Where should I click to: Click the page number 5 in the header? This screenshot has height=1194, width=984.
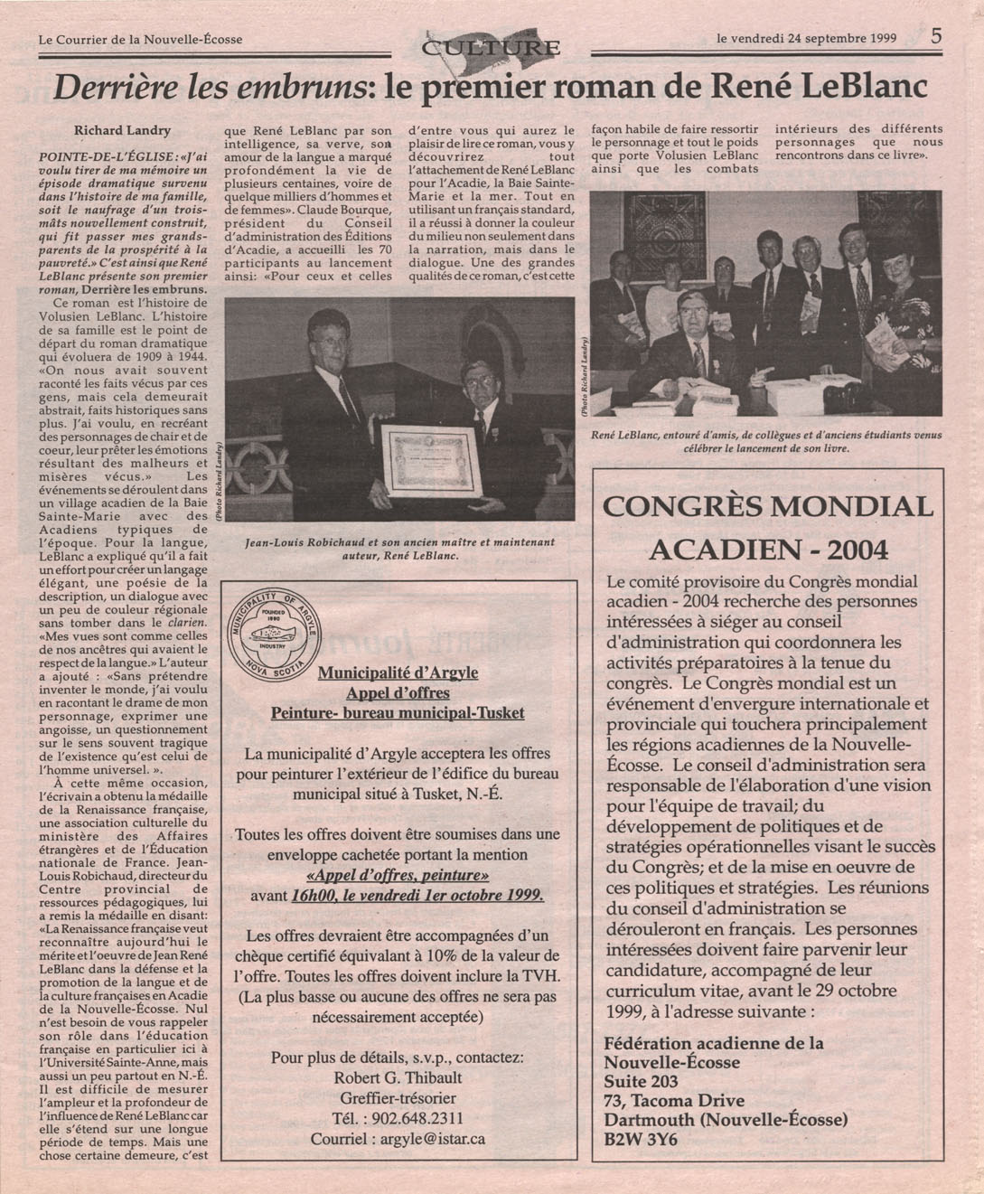click(936, 36)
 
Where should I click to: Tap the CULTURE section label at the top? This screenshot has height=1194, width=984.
click(493, 47)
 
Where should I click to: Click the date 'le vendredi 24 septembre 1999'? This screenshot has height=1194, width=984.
click(806, 39)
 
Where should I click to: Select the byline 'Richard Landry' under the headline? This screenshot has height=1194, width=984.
click(122, 130)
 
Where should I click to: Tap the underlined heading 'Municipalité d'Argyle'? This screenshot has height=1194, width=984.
click(398, 672)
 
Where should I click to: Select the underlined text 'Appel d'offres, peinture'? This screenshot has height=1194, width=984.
click(398, 875)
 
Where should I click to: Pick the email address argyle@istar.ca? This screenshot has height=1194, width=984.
click(398, 1138)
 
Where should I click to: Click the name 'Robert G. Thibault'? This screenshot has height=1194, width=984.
click(398, 1077)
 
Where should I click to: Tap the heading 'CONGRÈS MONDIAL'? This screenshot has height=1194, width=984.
click(767, 506)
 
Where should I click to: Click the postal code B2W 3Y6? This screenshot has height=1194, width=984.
click(641, 1140)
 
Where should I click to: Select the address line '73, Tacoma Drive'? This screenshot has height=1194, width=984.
click(674, 1100)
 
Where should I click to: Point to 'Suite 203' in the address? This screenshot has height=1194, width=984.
click(641, 1081)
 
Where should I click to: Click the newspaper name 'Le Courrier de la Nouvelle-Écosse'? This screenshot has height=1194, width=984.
click(140, 40)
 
